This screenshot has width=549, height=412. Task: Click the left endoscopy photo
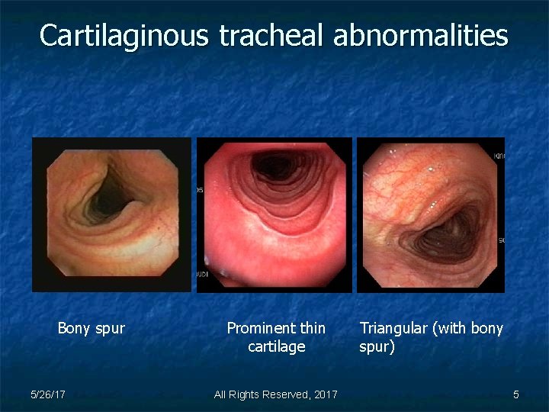(x=111, y=214)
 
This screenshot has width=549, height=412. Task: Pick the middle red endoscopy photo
(x=274, y=214)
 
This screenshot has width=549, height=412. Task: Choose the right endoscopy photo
(x=432, y=214)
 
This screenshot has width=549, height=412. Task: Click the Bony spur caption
(x=91, y=329)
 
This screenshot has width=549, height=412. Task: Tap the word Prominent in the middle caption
(x=256, y=329)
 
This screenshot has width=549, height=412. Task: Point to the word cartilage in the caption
(x=276, y=347)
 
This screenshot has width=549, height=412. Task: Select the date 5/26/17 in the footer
(x=47, y=394)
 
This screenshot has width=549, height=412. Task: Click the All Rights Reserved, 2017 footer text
(x=275, y=394)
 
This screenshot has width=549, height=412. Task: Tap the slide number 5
(x=516, y=394)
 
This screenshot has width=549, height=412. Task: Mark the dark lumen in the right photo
(x=450, y=229)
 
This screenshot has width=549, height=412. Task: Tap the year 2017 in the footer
(x=326, y=394)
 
